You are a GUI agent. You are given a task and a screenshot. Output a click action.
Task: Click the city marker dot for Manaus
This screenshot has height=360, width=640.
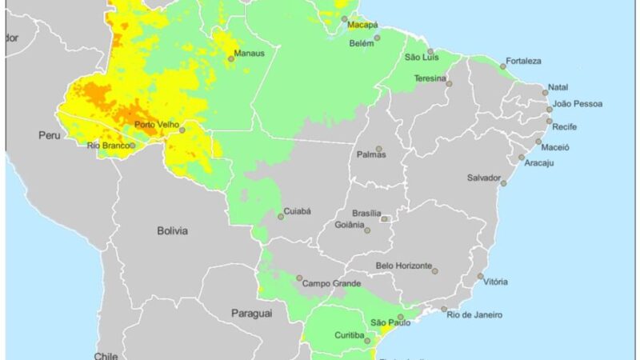coord(231,59)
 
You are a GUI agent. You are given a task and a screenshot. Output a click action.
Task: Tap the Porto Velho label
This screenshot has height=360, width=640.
coord(155,124)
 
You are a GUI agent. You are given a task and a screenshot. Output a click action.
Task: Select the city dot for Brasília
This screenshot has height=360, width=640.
coord(384,218)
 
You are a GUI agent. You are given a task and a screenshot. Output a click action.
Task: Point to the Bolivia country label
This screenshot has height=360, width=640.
coord(173,231)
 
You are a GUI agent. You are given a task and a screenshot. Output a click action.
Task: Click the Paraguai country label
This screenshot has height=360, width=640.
coord(252,314)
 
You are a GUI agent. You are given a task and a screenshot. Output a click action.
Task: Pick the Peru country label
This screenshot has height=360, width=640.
coord(50,136)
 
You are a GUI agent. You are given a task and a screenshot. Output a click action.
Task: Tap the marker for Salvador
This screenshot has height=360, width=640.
coord(504,183)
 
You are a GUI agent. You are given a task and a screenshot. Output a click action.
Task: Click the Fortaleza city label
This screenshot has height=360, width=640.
coord(523,61)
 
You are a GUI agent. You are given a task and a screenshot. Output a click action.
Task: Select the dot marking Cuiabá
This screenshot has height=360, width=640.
coord(281,216)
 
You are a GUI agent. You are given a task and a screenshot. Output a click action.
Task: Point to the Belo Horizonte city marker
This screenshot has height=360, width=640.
coord(435,271)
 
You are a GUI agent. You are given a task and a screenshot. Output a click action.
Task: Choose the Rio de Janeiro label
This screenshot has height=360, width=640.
coord(475,314)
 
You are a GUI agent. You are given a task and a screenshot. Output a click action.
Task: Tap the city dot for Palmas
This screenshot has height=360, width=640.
coord(379,148)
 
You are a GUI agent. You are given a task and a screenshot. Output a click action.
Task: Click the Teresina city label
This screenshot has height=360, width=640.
coord(430,78)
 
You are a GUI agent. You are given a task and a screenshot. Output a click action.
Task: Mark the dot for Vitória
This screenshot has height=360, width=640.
coord(481,277)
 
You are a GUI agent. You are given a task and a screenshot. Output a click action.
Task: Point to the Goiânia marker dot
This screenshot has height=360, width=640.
coord(367,230)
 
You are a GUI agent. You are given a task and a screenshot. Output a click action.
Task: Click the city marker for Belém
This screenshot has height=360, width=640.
coord(378,37)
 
